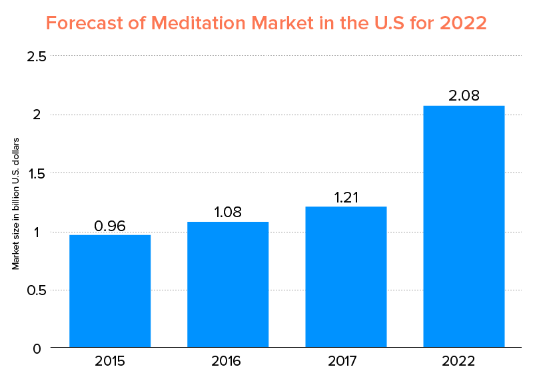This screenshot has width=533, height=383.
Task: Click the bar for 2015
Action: pyautogui.click(x=110, y=291)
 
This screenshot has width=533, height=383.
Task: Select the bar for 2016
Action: pyautogui.click(x=228, y=284)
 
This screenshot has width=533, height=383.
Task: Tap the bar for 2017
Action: pyautogui.click(x=346, y=277)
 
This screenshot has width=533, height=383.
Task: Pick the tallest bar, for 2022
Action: pyautogui.click(x=464, y=226)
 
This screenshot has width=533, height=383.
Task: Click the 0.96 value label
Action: pyautogui.click(x=110, y=226)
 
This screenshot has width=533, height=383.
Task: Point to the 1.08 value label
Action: pyautogui.click(x=228, y=212)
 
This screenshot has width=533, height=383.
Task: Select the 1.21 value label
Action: pyautogui.click(x=346, y=198)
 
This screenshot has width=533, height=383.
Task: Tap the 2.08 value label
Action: pyautogui.click(x=464, y=96)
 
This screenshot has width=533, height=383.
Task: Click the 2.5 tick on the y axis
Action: pyautogui.click(x=36, y=57)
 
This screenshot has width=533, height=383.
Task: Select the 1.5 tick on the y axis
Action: pyautogui.click(x=36, y=173)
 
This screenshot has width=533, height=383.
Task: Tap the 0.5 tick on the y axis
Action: pyautogui.click(x=36, y=290)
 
